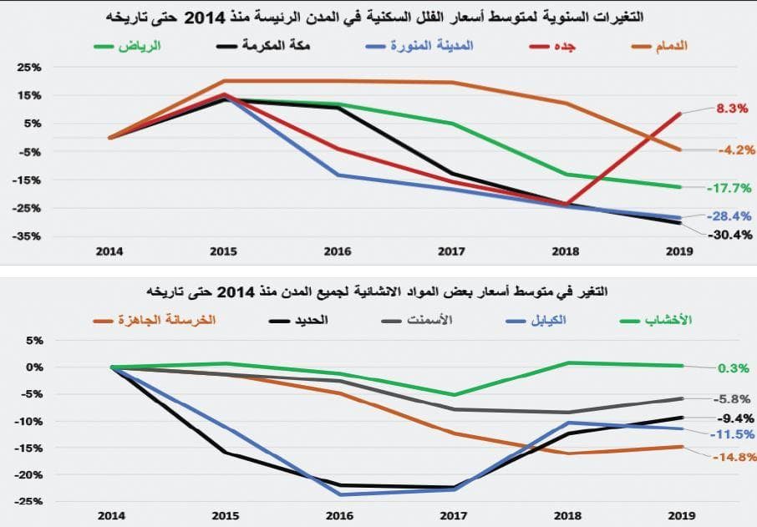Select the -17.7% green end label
pyautogui.click(x=729, y=188)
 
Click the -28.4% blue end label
pyautogui.click(x=729, y=216)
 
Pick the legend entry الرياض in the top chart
pyautogui.click(x=135, y=45)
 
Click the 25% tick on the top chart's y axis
pyautogui.click(x=30, y=67)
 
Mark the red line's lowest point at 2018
pyautogui.click(x=568, y=204)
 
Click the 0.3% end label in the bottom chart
pyautogui.click(x=732, y=367)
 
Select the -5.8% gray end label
pyautogui.click(x=733, y=400)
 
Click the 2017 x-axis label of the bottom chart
pyautogui.click(x=454, y=515)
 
